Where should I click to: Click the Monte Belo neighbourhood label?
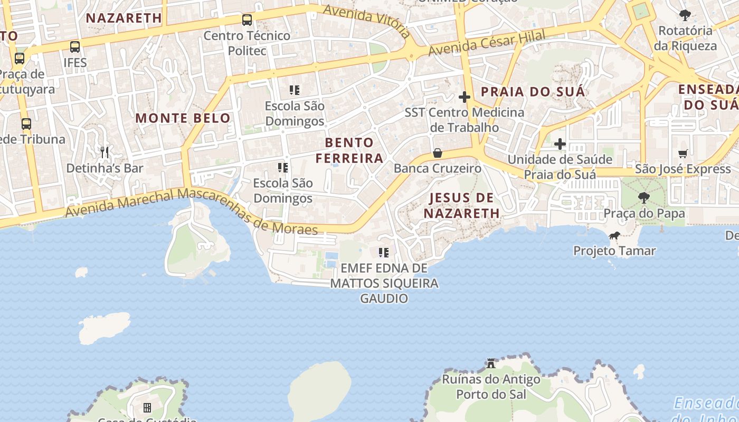coord(183,118)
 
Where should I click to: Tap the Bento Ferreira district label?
coord(349,150)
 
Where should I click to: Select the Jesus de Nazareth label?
coord(462,206)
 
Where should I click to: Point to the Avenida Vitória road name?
coord(367,21)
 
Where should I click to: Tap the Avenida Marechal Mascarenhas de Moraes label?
coord(191,209)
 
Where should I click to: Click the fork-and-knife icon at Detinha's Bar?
coord(105,152)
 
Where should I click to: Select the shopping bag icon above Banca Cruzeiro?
coord(438,153)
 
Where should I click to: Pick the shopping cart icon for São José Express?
coord(683,154)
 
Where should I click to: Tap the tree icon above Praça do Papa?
coord(643,198)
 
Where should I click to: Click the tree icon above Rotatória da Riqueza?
coord(685,15)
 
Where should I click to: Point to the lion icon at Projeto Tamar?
coord(614,235)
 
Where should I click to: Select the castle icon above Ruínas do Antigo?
coord(491,363)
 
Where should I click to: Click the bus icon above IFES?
coord(75,46)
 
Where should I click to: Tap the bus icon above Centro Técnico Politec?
coord(247,20)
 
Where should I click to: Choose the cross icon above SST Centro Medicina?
coord(465,97)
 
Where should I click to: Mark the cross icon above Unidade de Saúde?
coord(560,143)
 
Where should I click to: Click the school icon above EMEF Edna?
coord(384,253)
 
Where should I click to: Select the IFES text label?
coord(75,62)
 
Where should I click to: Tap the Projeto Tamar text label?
coord(614,251)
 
